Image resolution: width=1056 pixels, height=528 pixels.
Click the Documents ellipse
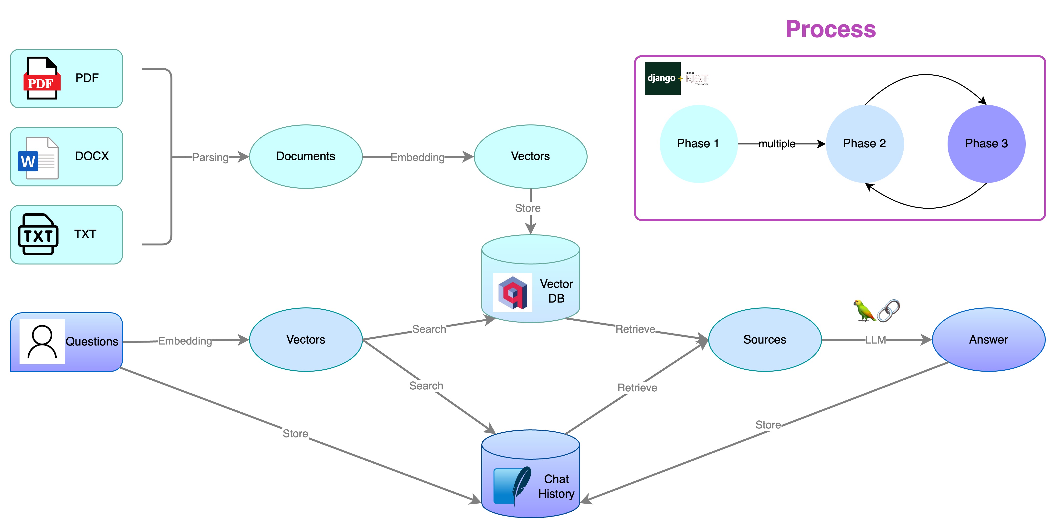306,156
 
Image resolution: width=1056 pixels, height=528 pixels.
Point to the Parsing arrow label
210,157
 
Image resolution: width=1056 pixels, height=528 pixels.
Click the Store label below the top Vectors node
528,208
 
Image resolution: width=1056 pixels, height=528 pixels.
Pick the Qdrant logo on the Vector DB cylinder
512,293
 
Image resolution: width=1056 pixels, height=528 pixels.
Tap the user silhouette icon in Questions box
42,342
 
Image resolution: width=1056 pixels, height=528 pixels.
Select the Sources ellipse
765,340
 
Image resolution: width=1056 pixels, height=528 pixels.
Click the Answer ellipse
988,340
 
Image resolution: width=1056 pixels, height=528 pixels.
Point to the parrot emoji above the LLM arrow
864,310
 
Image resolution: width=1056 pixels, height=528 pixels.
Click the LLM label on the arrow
875,340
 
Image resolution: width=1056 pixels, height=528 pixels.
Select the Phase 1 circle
698,144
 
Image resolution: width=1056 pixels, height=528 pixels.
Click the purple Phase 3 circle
986,144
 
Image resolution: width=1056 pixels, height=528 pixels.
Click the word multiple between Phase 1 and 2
777,144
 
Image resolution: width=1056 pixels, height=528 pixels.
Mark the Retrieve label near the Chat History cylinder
637,387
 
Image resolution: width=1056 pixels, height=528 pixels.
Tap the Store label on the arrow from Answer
768,425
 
